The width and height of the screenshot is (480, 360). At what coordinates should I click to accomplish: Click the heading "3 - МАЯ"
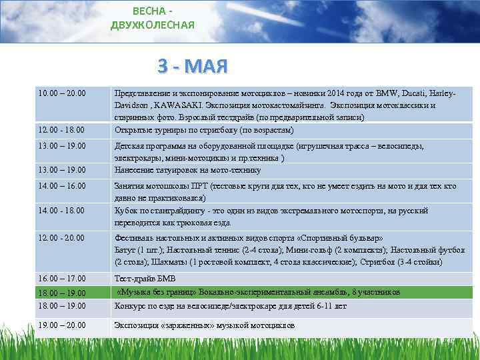coord(193,66)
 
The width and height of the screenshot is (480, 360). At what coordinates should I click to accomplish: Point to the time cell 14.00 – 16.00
coord(61,186)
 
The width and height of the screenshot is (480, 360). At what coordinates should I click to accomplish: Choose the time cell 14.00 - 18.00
coord(60,210)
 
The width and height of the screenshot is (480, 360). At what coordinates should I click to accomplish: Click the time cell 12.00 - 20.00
coord(60,237)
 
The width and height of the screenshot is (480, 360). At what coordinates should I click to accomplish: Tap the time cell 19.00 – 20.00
coord(61,325)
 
